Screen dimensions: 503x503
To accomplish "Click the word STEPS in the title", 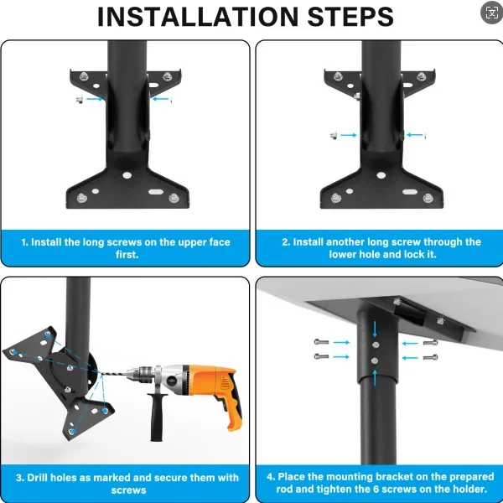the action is tap(350, 17).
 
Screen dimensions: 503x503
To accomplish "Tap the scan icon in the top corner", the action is tap(491, 13).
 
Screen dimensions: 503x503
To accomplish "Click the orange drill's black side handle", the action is tap(157, 417).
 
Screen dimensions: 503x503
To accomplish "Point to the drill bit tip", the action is tap(102, 373).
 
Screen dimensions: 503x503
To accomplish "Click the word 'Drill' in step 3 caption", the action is tap(38, 478).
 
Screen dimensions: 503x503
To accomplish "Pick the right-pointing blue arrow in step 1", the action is tap(95, 99).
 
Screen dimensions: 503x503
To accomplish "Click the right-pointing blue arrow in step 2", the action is tap(349, 135).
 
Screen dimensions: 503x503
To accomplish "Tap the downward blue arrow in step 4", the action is tap(375, 329).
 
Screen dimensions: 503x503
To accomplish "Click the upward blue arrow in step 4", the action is tap(375, 377).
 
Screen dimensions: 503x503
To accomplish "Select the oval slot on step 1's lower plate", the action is tap(156, 192).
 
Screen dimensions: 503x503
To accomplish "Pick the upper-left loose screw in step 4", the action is tap(321, 342).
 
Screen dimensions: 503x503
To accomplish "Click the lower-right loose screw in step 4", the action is tap(431, 357).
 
